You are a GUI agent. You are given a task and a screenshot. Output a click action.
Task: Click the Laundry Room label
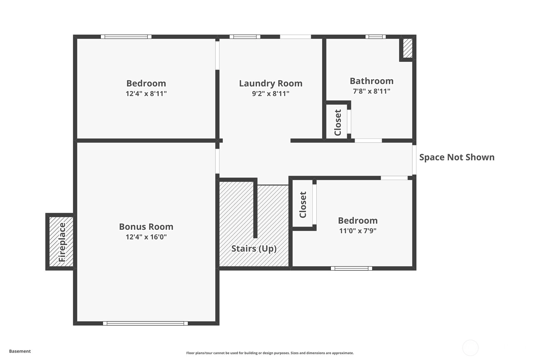pos(270,83)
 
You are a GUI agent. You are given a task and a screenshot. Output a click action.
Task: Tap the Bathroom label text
pos(371,81)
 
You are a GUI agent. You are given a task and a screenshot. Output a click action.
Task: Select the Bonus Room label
pos(146,227)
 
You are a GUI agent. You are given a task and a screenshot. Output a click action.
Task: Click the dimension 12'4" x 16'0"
pos(146,237)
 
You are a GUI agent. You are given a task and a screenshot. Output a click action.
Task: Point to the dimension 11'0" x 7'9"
pos(358,231)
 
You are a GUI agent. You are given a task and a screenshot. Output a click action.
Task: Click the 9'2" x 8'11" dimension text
pos(270,94)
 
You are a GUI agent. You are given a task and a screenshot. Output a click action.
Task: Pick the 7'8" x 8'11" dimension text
pos(371,91)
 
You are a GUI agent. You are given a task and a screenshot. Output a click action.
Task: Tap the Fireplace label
pos(62,242)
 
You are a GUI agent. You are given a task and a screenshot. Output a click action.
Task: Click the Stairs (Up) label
pos(254,249)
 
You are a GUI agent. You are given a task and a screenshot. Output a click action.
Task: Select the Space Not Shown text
pos(457,157)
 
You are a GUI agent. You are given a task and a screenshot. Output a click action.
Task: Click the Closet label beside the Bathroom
pos(338,123)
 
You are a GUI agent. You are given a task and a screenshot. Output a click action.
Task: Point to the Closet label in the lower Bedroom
pos(303,205)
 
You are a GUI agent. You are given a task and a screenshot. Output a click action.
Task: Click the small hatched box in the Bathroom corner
pos(408,48)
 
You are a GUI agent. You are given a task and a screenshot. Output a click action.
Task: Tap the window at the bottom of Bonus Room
pos(145,323)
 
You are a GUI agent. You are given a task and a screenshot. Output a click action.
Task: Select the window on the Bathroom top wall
pos(375,37)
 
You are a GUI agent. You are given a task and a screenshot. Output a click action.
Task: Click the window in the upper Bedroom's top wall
pos(126,37)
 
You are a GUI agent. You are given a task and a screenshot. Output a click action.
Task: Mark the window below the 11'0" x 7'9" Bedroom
pos(351,268)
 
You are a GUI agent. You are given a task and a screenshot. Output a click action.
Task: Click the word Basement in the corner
pos(20,351)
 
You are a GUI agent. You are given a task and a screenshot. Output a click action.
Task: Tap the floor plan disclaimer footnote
pos(270,353)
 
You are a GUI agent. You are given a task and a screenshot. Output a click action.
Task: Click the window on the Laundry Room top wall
pos(245,37)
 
